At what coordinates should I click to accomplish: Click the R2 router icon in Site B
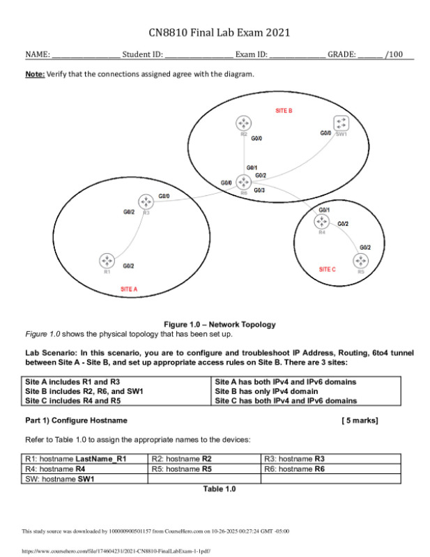coord(243,123)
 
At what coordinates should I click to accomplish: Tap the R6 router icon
coord(243,182)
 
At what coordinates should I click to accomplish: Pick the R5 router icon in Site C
coord(360,261)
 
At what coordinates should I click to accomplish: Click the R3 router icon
coord(146,201)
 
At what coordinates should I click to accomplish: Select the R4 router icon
coord(321,221)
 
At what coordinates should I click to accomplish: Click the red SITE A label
coord(129,289)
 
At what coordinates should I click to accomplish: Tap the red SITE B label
coord(284,111)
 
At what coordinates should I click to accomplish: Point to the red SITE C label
coord(328,269)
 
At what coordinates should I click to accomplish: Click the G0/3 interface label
coord(259,190)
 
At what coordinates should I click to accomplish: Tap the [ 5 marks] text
coord(360,421)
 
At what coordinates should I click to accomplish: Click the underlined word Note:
coord(36,73)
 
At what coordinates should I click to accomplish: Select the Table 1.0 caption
coord(219,489)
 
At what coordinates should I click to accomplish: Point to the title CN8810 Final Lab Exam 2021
coord(219,33)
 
